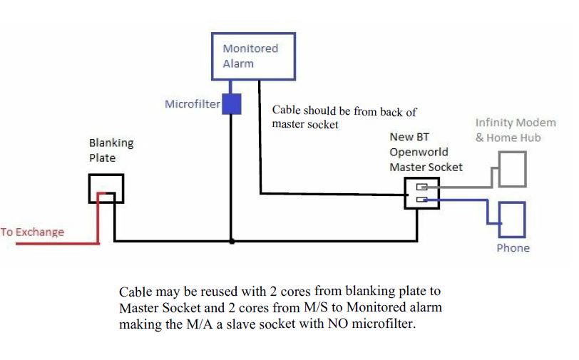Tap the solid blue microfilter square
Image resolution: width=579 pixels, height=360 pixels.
pyautogui.click(x=231, y=104)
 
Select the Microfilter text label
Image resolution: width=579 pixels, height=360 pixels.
pyautogui.click(x=193, y=104)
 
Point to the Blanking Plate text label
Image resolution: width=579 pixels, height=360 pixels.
pyautogui.click(x=111, y=150)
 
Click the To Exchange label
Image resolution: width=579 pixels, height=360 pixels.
pyautogui.click(x=32, y=232)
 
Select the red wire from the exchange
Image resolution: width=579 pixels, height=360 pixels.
pyautogui.click(x=57, y=242)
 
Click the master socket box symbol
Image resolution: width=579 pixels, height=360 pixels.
pyautogui.click(x=421, y=192)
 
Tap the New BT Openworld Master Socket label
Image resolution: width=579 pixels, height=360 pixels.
pyautogui.click(x=425, y=152)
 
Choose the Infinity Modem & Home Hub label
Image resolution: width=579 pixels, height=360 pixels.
pyautogui.click(x=508, y=130)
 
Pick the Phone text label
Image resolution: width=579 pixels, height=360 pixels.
pyautogui.click(x=513, y=248)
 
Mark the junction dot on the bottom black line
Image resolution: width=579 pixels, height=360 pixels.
pyautogui.click(x=231, y=242)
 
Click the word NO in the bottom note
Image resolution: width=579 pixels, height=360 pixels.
pyautogui.click(x=326, y=323)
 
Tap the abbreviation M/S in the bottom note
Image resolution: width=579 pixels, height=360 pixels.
pyautogui.click(x=307, y=307)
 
